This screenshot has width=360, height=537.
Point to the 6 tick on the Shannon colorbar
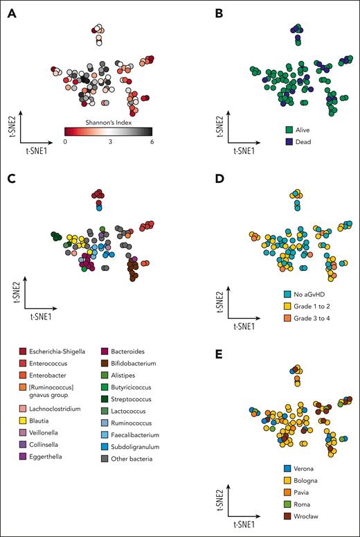point(151,141)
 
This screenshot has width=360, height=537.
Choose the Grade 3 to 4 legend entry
point(314,319)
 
